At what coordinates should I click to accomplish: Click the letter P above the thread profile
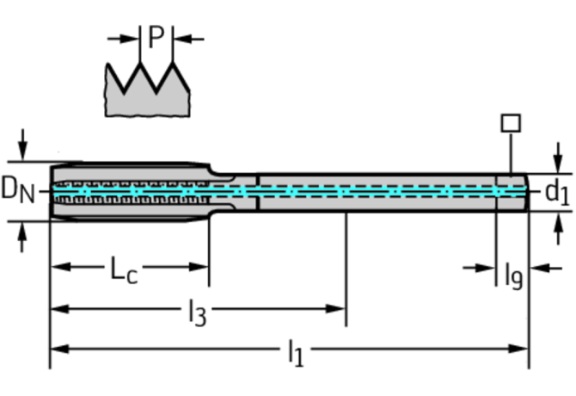156,38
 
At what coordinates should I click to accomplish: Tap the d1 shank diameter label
557,192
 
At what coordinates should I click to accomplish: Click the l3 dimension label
197,312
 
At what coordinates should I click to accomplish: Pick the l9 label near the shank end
512,275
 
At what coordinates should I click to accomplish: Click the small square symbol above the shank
511,123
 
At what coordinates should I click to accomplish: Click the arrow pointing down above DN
22,143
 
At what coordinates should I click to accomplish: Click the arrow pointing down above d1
558,157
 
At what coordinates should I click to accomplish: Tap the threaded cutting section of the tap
129,191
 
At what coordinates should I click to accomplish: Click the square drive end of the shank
512,191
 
